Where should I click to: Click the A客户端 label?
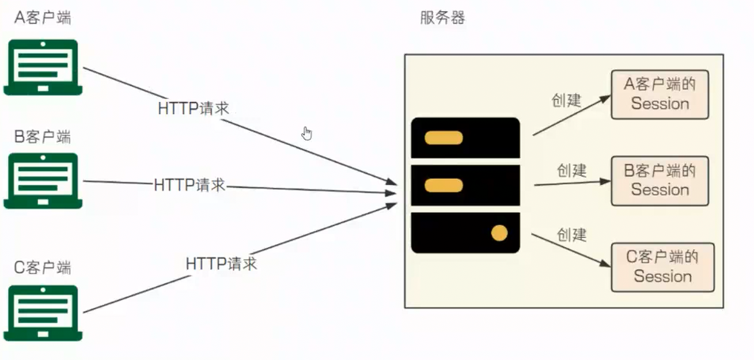(43, 18)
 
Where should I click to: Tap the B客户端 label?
(43, 138)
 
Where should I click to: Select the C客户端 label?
(43, 268)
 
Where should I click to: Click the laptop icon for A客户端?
(43, 67)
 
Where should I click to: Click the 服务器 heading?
(442, 18)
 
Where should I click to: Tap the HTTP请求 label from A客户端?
(194, 108)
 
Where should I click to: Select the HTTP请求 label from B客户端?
(190, 185)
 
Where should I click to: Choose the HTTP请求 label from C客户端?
(221, 264)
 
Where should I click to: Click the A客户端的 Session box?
(660, 95)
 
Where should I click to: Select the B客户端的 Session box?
(660, 181)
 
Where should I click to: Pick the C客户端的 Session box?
(662, 267)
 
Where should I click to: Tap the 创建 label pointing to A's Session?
(567, 100)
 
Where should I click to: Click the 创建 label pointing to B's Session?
(571, 170)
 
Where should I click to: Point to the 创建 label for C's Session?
(571, 234)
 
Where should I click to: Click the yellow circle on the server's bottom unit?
(499, 233)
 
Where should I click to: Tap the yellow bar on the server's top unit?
(444, 138)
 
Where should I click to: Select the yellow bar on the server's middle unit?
(444, 185)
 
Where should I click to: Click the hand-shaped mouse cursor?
(307, 134)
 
